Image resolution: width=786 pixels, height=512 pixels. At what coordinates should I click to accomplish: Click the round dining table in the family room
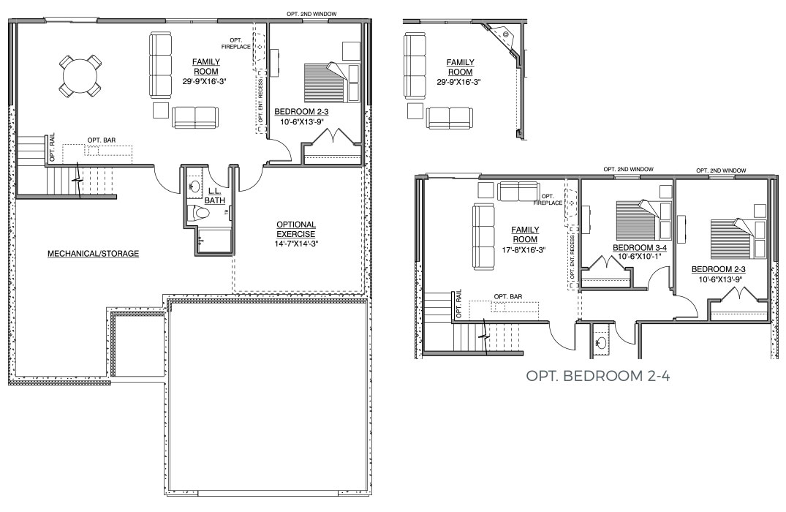[80, 76]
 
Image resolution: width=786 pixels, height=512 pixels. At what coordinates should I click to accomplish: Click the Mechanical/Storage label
[94, 254]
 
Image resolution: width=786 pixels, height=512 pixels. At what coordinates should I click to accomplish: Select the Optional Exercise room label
[295, 229]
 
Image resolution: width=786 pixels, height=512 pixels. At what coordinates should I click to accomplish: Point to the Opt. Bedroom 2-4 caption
[597, 376]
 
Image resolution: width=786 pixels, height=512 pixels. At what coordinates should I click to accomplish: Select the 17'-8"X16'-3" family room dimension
[525, 249]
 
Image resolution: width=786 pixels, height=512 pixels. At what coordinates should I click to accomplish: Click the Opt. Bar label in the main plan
[102, 140]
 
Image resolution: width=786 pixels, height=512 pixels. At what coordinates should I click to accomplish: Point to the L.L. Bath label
[214, 196]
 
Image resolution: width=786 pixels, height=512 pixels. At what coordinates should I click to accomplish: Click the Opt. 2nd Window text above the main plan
[311, 15]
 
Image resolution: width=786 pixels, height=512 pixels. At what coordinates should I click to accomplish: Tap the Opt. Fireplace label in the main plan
[237, 44]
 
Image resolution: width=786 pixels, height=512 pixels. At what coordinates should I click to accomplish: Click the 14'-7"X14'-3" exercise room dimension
[295, 244]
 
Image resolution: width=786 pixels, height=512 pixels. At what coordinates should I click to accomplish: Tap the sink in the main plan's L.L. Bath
[194, 187]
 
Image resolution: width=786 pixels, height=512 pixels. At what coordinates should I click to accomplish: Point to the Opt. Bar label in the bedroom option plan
[507, 296]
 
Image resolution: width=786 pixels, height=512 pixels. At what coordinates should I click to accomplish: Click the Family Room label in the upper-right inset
[460, 67]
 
